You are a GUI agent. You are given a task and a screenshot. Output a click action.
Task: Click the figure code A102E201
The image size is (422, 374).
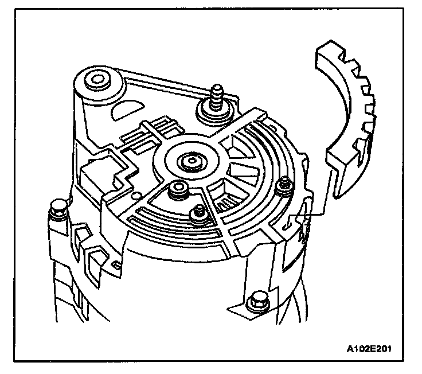click(373, 347)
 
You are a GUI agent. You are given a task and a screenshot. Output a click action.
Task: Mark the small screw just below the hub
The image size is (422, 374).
click(198, 212)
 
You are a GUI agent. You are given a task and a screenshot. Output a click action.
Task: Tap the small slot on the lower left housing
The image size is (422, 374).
click(116, 264)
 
